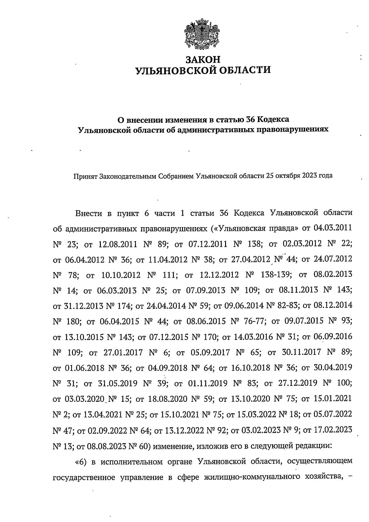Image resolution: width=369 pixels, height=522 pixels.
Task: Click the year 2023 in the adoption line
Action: (311, 176)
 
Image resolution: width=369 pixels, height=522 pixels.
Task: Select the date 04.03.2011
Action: (333, 229)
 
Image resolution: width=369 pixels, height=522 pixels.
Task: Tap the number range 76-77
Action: (254, 321)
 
